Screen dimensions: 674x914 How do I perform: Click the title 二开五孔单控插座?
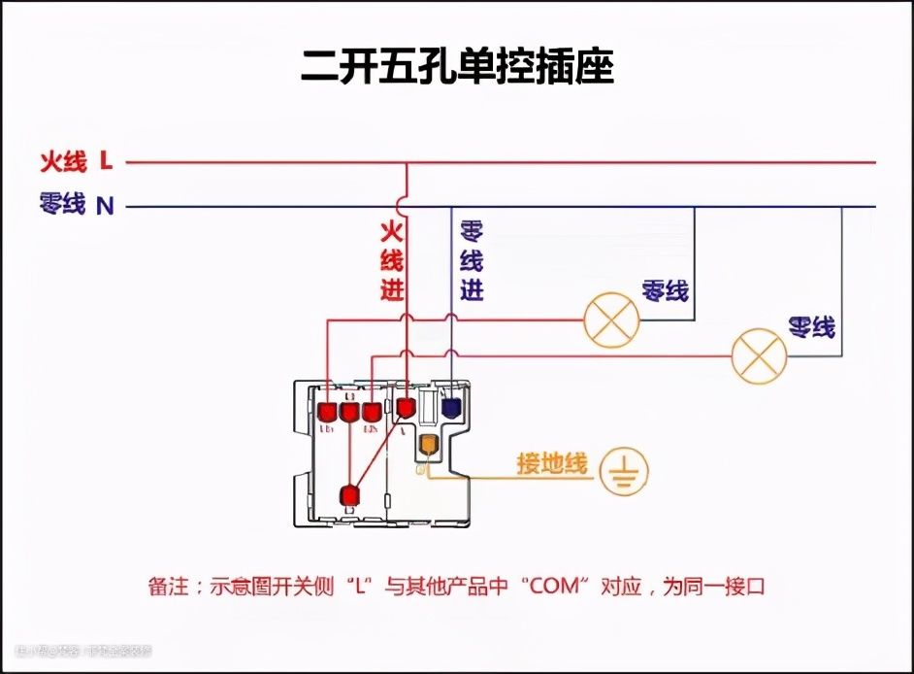click(457, 68)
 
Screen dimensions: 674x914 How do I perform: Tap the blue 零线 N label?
click(76, 205)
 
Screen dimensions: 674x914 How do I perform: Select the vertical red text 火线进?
click(391, 261)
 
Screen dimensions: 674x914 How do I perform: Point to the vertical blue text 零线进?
click(471, 261)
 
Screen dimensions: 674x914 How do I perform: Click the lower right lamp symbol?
click(759, 356)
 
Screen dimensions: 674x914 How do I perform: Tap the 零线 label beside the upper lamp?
click(665, 290)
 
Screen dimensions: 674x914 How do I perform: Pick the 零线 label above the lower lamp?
click(811, 327)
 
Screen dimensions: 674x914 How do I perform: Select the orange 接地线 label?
click(552, 464)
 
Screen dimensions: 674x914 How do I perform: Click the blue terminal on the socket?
click(451, 407)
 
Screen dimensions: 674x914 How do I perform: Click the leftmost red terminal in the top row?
click(327, 413)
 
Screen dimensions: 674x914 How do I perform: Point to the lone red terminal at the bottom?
click(349, 495)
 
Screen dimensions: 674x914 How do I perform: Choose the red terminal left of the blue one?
click(406, 406)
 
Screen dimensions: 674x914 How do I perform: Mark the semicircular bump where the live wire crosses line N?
click(408, 206)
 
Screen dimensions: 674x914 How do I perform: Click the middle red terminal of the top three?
click(349, 413)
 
